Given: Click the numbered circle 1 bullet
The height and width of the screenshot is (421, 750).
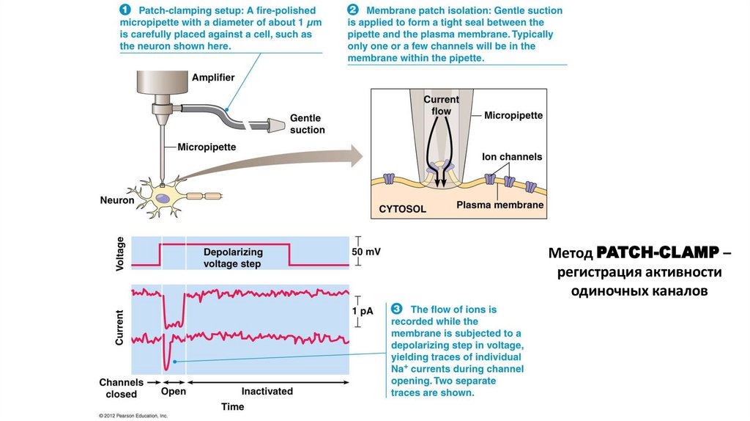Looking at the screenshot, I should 125,11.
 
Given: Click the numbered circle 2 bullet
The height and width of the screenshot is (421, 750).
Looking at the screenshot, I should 354,11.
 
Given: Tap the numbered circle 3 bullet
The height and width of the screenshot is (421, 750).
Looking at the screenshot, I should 397,309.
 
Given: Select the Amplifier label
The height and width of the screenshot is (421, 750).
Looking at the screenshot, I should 213,78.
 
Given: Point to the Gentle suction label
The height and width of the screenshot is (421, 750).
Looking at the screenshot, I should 307,124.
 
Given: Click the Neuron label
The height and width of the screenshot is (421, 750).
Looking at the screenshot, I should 117,199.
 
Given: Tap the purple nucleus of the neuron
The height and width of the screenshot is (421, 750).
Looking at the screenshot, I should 166,197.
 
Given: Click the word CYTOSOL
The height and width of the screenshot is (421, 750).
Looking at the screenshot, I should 402,209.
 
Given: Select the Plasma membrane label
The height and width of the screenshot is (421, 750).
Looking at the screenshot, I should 500,205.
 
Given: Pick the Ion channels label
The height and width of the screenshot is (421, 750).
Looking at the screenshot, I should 512,157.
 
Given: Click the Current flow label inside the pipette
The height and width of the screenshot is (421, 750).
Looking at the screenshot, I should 441,105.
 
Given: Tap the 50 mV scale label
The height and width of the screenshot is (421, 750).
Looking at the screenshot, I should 366,252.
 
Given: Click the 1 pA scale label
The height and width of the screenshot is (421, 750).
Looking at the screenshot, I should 362,311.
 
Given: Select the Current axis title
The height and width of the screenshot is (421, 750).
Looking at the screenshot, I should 120,328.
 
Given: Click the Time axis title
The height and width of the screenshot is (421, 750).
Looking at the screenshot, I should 232,406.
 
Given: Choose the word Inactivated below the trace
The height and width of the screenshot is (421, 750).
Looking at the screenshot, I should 267,392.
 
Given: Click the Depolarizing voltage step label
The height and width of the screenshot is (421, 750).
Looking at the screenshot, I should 232,257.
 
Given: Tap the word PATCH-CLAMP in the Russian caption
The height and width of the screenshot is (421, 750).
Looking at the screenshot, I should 657,252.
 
